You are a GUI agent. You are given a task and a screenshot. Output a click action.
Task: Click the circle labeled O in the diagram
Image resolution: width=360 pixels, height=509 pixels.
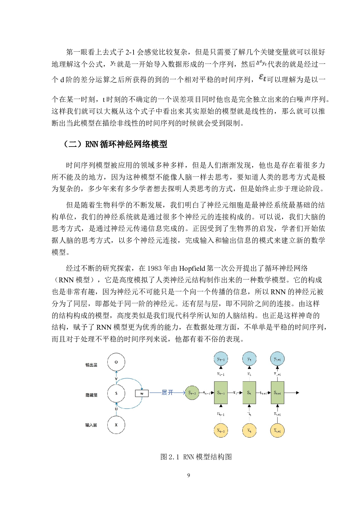(x=116, y=362)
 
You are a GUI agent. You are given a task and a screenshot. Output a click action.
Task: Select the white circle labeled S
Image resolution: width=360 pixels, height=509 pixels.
(x=116, y=393)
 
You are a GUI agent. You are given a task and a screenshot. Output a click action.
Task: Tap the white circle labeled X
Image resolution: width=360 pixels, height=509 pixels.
(x=116, y=425)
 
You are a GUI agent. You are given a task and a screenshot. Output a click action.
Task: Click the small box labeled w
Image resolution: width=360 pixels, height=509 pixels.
(x=142, y=394)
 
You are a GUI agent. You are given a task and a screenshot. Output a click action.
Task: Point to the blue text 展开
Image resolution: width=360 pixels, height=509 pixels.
(x=167, y=393)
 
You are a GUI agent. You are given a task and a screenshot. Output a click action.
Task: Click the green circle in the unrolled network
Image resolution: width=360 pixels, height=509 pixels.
(x=192, y=393)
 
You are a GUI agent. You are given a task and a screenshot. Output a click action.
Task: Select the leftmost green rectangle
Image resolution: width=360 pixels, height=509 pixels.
(x=221, y=393)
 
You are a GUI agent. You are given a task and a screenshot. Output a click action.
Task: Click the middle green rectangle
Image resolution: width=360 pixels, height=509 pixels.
(x=249, y=393)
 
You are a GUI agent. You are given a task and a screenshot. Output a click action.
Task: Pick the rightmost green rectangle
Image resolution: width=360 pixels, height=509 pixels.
(x=277, y=393)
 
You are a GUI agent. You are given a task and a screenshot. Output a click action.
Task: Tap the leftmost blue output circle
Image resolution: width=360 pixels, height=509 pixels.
(x=221, y=359)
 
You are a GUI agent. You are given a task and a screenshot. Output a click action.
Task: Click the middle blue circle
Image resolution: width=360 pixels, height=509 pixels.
(x=249, y=359)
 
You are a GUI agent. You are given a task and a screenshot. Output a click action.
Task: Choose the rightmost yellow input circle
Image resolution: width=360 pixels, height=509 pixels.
(x=277, y=430)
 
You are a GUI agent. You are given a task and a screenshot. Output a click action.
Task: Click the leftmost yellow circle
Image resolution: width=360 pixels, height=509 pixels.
(x=221, y=430)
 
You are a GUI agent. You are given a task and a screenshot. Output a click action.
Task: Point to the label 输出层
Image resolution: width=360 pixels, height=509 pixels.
(x=91, y=365)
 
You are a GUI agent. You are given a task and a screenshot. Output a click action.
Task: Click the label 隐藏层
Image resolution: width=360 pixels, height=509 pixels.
(x=91, y=395)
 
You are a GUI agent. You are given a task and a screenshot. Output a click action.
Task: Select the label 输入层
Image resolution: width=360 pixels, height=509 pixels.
(x=91, y=425)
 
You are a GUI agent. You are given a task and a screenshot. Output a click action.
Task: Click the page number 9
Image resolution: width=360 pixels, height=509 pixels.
(x=189, y=475)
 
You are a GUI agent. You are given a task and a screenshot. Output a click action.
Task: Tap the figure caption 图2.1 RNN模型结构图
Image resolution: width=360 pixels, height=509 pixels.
(x=196, y=457)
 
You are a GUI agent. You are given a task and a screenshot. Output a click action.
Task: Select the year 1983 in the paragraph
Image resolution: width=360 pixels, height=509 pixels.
(x=154, y=268)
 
